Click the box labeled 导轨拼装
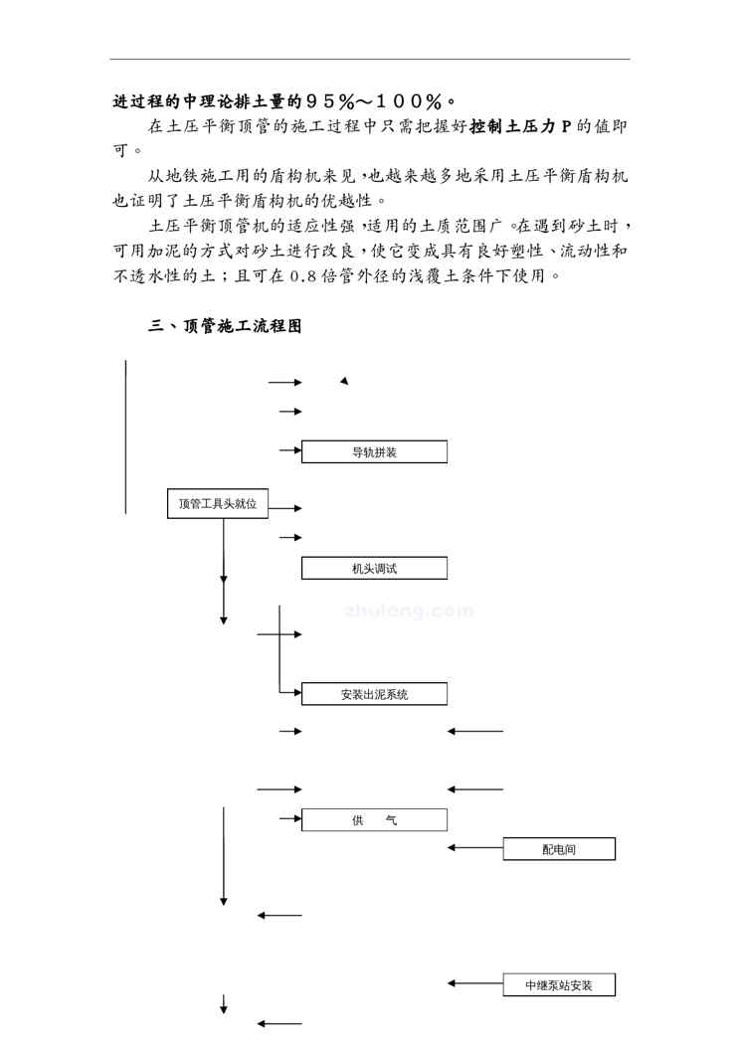[374, 452]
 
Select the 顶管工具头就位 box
[218, 504]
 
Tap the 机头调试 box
[374, 568]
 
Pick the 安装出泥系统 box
[374, 694]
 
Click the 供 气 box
[374, 819]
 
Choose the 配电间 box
[559, 849]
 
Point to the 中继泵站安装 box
[559, 985]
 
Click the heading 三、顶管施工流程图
[225, 326]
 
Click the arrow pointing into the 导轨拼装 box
[290, 451]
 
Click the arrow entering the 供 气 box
[290, 818]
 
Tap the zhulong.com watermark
[408, 610]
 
